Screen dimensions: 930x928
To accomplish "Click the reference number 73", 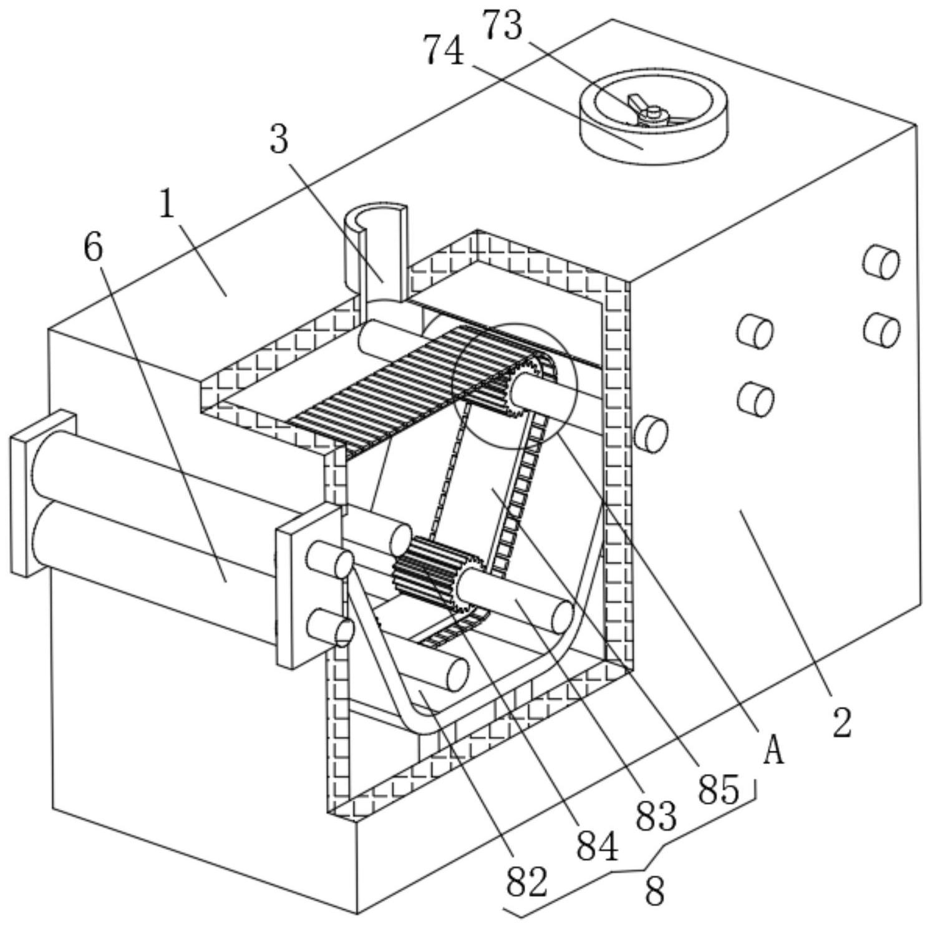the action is pyautogui.click(x=502, y=27).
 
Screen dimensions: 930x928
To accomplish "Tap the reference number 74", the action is pyautogui.click(x=444, y=51).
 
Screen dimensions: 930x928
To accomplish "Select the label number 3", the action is pyautogui.click(x=279, y=139).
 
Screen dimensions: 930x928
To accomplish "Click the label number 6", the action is pyautogui.click(x=93, y=248).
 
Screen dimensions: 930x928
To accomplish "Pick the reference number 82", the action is pyautogui.click(x=527, y=881).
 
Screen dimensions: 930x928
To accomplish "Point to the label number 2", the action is pyautogui.click(x=842, y=724).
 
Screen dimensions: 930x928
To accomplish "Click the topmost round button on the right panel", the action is pyautogui.click(x=881, y=261).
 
